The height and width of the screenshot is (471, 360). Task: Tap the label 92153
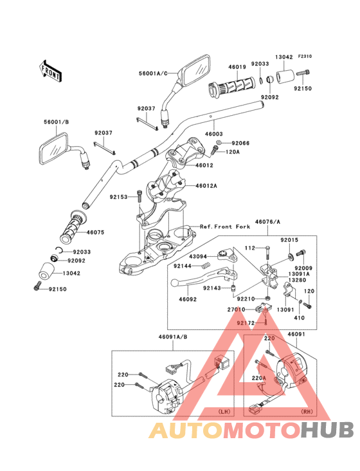(119, 197)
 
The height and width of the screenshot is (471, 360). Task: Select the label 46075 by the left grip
(96, 232)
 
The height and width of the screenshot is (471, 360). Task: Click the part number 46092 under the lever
(188, 299)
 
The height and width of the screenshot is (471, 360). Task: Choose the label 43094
(197, 255)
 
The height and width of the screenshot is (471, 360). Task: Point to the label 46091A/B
(173, 336)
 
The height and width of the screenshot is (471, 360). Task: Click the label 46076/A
(268, 221)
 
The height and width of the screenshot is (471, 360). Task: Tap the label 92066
(240, 143)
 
